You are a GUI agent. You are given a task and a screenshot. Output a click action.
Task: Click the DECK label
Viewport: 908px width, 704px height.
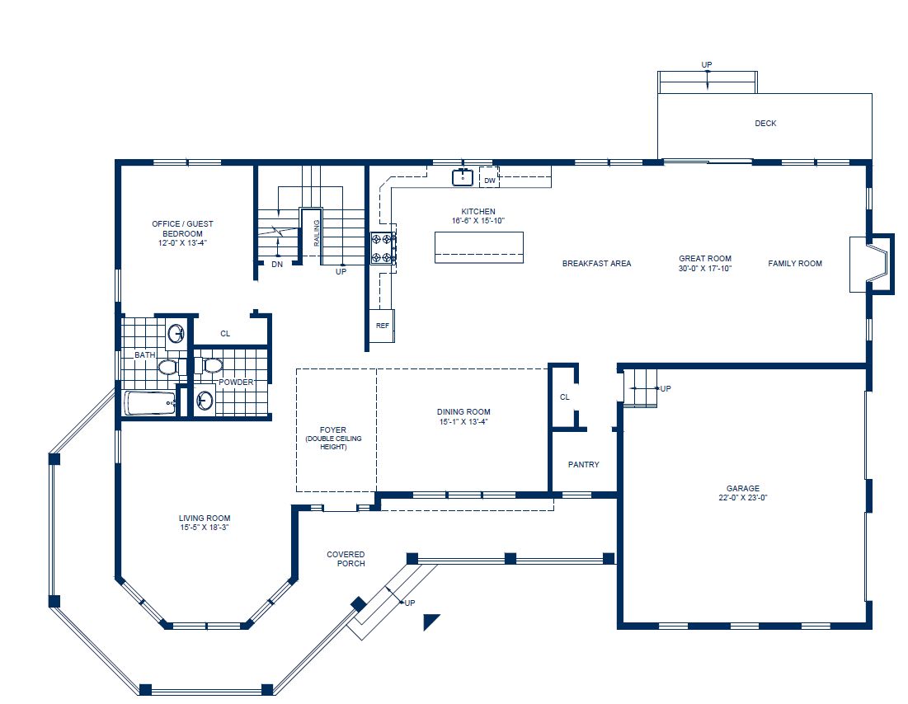point(765,124)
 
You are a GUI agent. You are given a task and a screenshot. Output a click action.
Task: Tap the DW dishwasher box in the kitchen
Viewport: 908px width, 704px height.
point(489,180)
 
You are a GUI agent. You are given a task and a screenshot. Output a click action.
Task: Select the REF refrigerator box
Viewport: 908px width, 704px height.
point(383,326)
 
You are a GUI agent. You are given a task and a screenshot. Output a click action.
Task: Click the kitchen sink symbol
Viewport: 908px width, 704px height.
point(462,176)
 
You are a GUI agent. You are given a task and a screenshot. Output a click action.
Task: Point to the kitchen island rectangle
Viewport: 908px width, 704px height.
point(478,246)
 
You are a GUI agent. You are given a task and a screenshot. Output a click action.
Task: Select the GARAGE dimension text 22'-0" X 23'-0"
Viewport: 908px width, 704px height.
point(743,498)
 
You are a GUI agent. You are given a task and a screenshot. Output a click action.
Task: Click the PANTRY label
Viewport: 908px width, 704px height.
point(584,465)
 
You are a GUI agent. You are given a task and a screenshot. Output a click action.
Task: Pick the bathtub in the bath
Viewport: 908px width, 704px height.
point(150,403)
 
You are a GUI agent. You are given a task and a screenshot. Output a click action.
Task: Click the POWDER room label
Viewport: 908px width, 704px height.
point(236,383)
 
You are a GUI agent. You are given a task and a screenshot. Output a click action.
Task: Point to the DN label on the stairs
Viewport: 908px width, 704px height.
point(277,265)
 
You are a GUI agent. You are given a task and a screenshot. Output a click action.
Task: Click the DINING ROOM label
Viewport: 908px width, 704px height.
point(463,412)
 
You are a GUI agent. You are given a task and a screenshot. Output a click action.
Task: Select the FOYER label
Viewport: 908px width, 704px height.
point(333,429)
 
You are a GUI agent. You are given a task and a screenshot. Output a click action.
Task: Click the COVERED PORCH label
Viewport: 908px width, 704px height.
point(346,559)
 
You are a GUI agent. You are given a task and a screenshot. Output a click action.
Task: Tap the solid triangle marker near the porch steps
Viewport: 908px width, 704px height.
point(431,621)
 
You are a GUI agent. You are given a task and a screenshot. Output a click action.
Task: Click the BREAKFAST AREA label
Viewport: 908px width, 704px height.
point(596,264)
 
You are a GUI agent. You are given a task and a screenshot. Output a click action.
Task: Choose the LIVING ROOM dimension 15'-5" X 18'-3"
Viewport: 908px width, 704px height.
point(205,528)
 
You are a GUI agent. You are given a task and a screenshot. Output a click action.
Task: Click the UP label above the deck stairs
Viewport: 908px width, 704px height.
point(707,64)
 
